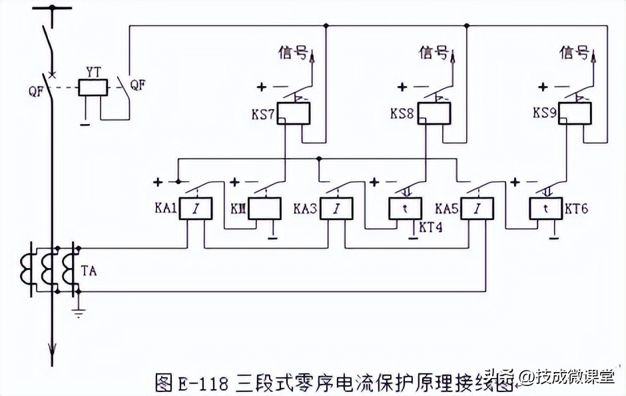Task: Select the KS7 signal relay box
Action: pyautogui.click(x=293, y=114)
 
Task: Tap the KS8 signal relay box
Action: pyautogui.click(x=434, y=114)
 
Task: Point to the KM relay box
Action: pyautogui.click(x=264, y=210)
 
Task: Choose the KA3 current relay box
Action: pyautogui.click(x=336, y=210)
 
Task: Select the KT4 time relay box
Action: pyautogui.click(x=406, y=210)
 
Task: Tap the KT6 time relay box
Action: pyautogui.click(x=546, y=210)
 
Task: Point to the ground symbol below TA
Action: pyautogui.click(x=78, y=312)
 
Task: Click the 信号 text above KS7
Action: pyautogui.click(x=293, y=53)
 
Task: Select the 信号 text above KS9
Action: pyautogui.click(x=574, y=53)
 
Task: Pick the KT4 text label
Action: pyautogui.click(x=431, y=227)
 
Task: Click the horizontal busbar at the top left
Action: pyautogui.click(x=51, y=9)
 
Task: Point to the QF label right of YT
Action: pyautogui.click(x=137, y=86)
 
